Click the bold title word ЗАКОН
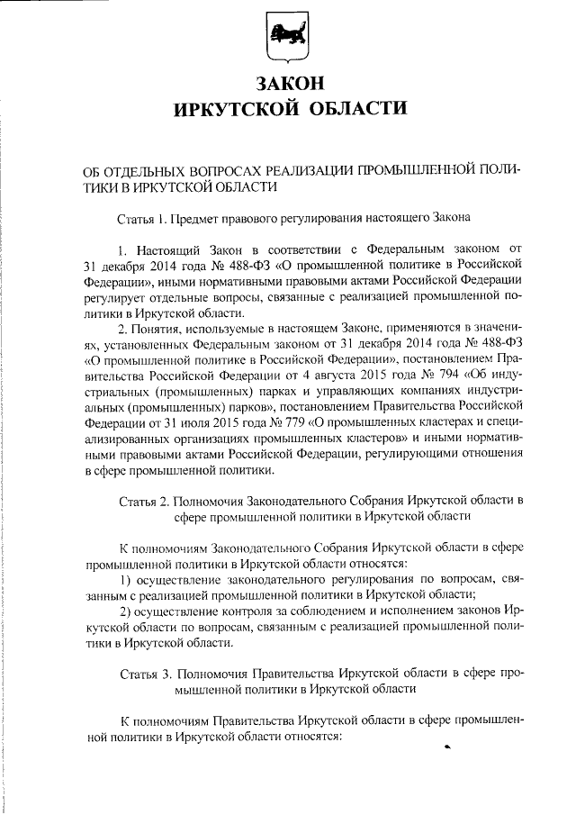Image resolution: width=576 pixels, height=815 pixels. tap(288, 83)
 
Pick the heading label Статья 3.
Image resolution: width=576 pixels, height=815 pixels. tap(145, 673)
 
